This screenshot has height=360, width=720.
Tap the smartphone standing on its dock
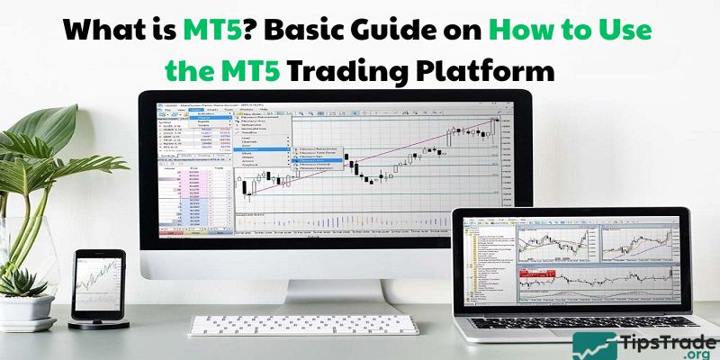pyautogui.click(x=98, y=279)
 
